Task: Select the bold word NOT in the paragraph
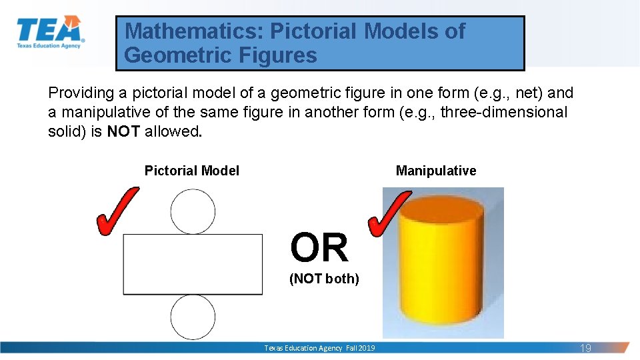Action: click(x=123, y=131)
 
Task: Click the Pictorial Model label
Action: click(x=192, y=171)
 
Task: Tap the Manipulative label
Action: click(x=436, y=171)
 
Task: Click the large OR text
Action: click(x=319, y=248)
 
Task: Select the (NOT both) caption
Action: click(x=324, y=279)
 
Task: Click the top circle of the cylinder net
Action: click(x=193, y=211)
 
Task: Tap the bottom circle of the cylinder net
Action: click(x=193, y=317)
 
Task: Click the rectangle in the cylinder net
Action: click(x=193, y=264)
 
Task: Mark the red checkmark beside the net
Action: click(x=117, y=210)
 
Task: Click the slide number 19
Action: click(x=586, y=348)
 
